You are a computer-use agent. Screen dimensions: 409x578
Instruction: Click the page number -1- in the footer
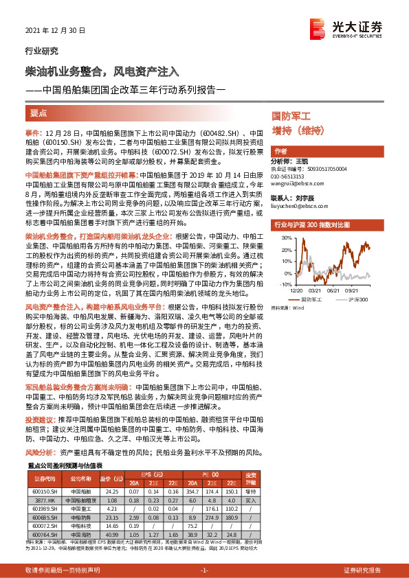coord(204,570)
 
